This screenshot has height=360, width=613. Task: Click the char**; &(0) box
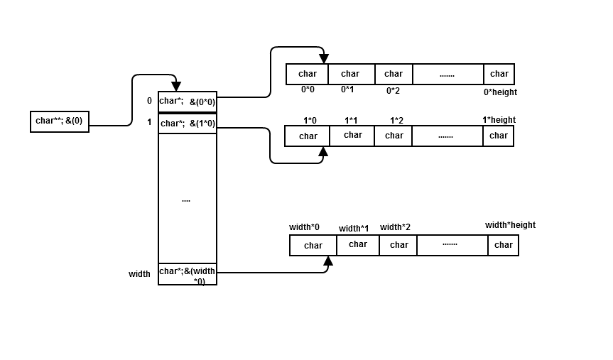click(60, 121)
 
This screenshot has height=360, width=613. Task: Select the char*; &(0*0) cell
click(188, 102)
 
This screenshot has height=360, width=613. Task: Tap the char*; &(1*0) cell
click(188, 124)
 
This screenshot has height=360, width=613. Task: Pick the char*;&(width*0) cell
click(188, 275)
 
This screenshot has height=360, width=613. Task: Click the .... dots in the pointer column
click(186, 200)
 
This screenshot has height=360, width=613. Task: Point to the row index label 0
click(149, 101)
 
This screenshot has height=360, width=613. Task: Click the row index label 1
click(149, 122)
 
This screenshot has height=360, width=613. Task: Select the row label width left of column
click(139, 274)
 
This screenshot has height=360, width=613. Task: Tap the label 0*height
click(500, 92)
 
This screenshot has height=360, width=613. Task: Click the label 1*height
click(499, 120)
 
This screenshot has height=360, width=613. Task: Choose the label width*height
click(510, 225)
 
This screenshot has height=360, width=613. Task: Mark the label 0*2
click(393, 91)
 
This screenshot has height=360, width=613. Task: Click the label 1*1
click(351, 121)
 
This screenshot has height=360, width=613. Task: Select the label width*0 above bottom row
click(304, 227)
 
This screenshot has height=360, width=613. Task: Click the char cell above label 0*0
click(308, 75)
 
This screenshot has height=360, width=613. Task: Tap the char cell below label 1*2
click(394, 136)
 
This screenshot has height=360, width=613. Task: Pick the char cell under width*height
click(503, 246)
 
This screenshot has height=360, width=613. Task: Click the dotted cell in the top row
click(447, 75)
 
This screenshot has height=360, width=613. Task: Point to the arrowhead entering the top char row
click(323, 59)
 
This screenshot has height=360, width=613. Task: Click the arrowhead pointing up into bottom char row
click(328, 261)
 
